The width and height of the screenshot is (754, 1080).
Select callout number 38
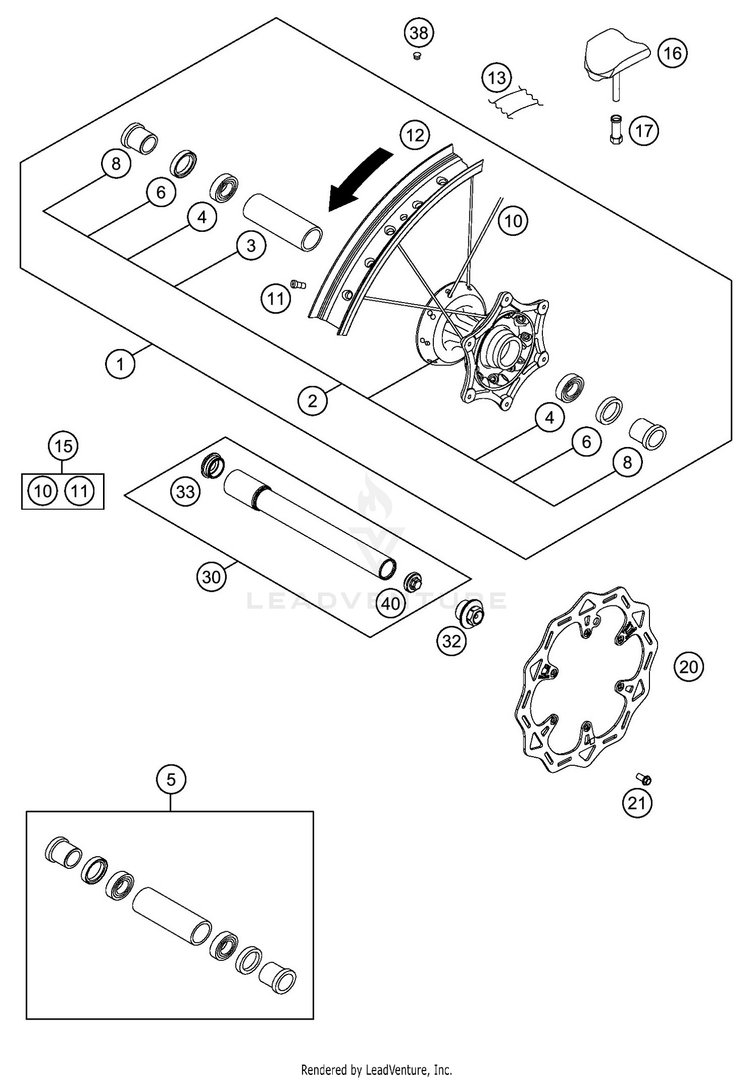coord(419,33)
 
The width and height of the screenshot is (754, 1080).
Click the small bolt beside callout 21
coord(644,779)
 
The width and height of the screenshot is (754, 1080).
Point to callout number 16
coord(673,53)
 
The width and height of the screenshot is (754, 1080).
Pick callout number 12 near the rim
coord(415,135)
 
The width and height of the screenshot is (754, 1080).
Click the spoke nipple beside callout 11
coord(299,284)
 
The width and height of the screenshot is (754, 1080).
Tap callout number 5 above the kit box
coord(171,780)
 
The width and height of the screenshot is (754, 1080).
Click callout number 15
coord(63,446)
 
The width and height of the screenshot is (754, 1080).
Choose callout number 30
coord(211,577)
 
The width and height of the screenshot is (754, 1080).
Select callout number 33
coord(185,491)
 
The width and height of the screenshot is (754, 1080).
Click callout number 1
coord(120,364)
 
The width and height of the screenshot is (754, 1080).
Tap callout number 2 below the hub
coord(313,401)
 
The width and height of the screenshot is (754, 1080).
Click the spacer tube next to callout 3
coord(283,223)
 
